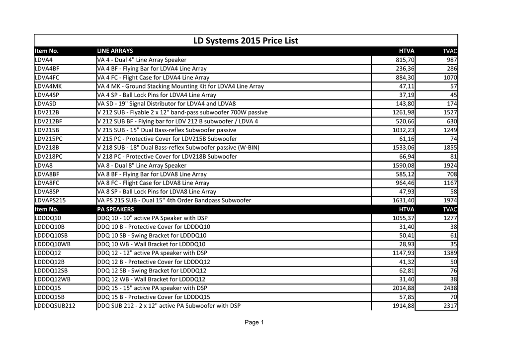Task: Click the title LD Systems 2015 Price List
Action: (246, 40)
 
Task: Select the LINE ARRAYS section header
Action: (115, 51)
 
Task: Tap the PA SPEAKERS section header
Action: (115, 209)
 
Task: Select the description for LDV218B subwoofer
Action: (178, 148)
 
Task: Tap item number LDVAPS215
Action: (51, 200)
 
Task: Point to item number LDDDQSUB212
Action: (55, 306)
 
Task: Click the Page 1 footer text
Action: (254, 323)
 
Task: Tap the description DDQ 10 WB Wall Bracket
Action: (152, 244)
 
